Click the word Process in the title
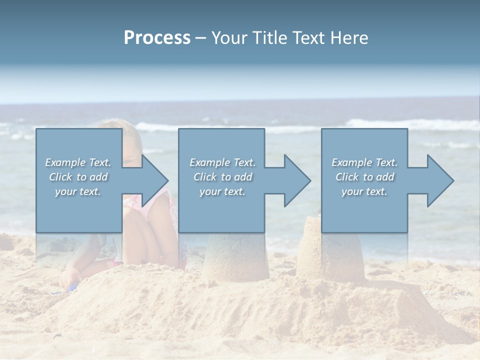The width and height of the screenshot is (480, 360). pos(157,38)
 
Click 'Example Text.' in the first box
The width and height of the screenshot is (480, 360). pos(78,162)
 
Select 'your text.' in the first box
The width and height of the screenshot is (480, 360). pos(78,191)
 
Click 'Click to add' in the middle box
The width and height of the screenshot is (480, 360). pos(222,177)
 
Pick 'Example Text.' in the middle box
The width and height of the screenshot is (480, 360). pos(222,162)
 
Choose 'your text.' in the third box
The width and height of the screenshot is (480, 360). pos(364,191)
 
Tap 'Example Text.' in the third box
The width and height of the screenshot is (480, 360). pos(364,162)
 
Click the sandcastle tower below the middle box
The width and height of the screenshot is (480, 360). pos(235,257)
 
